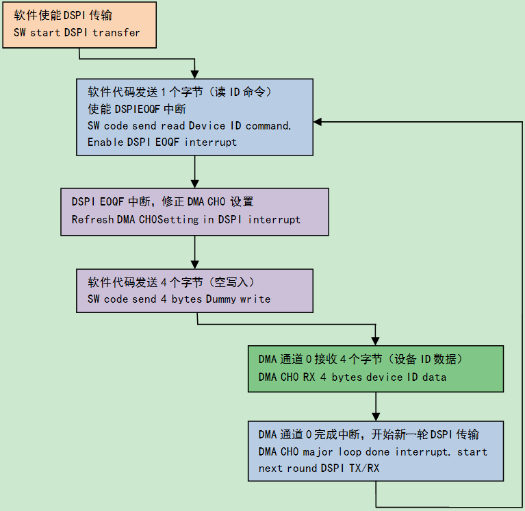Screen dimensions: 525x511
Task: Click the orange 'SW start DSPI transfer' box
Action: [x=79, y=25]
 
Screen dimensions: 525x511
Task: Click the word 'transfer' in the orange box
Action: [x=116, y=32]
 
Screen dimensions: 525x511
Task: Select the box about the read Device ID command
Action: [x=195, y=117]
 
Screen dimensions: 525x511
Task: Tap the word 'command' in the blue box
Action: [x=268, y=126]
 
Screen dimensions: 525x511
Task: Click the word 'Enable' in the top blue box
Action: [x=105, y=142]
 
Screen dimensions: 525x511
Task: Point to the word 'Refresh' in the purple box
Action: [x=92, y=219]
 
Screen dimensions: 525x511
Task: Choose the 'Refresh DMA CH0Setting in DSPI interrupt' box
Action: [x=195, y=212]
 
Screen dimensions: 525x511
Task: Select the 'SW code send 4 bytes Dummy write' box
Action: [x=195, y=291]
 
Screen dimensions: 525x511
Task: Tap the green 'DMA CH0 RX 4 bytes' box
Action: [x=376, y=369]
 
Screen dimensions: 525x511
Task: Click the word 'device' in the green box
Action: [x=385, y=377]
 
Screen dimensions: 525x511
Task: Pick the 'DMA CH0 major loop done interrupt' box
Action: [x=376, y=451]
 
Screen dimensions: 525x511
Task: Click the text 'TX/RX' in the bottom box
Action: [x=364, y=468]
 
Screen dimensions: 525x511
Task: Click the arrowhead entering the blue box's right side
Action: [x=318, y=122]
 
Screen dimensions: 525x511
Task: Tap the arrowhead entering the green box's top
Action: [x=376, y=341]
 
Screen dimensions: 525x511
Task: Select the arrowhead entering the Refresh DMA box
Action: [x=195, y=184]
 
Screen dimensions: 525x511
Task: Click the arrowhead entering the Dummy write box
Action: [x=195, y=264]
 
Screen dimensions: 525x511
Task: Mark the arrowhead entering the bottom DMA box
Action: [x=376, y=417]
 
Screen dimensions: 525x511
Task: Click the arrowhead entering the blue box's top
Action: [x=195, y=75]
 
